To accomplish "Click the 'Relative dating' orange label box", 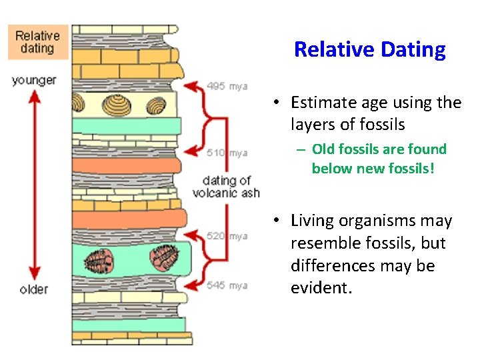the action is [37, 42].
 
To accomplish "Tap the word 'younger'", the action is [33, 81].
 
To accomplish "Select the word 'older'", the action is [33, 289].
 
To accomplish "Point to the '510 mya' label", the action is [227, 153].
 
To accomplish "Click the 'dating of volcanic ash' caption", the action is [225, 187].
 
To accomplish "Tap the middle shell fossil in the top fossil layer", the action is [119, 103].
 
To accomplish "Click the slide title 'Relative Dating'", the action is [369, 49].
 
